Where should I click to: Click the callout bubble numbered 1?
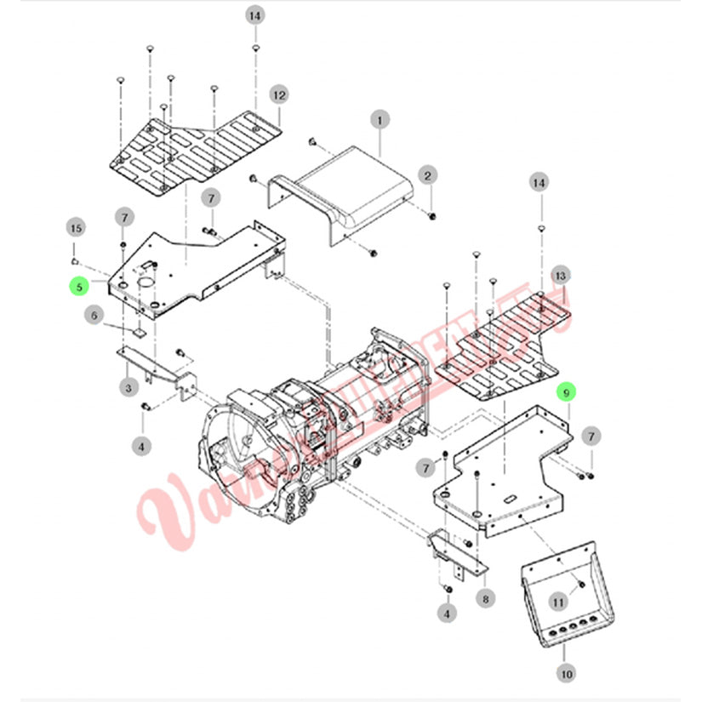coord(380,120)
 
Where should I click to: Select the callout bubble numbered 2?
coord(430,176)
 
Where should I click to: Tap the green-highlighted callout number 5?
coord(79,287)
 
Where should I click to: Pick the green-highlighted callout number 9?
coord(565,393)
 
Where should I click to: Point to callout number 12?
coord(279,94)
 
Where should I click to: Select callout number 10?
coord(567,673)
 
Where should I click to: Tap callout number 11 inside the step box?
coord(558,602)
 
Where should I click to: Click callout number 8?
coord(485,599)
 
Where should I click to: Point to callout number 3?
coord(128,388)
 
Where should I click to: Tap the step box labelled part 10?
coord(566,596)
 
